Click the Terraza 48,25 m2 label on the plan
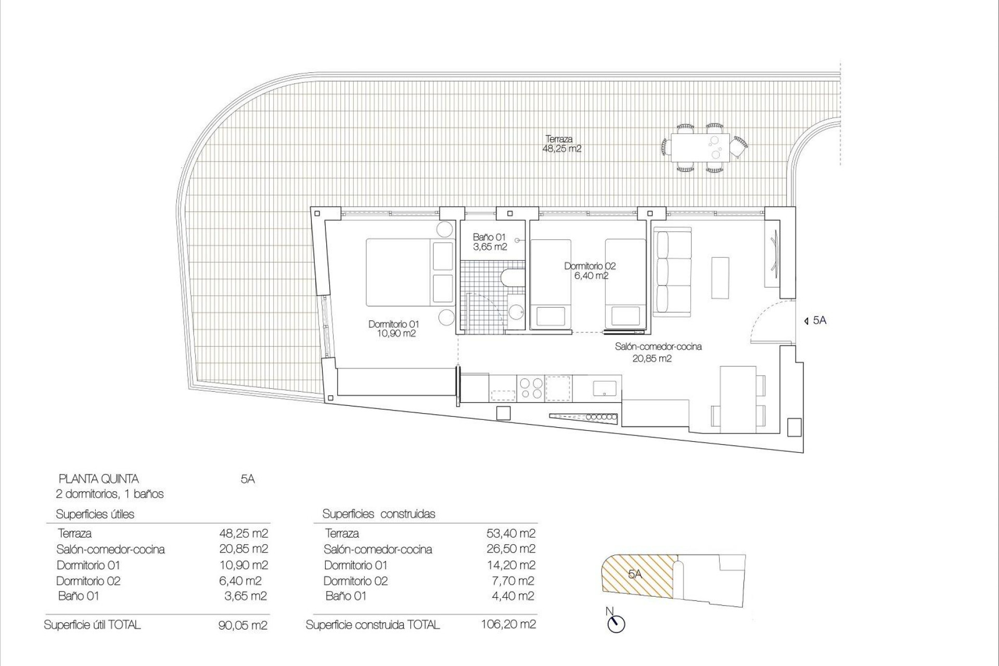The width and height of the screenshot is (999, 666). [561, 144]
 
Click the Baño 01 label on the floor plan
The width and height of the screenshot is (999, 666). [489, 242]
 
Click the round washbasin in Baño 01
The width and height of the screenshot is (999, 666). [516, 312]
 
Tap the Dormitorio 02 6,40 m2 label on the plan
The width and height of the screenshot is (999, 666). [590, 271]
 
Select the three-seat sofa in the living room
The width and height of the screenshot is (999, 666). [672, 274]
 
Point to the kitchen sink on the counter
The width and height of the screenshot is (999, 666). [604, 388]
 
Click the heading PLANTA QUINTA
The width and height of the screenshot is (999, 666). [99, 479]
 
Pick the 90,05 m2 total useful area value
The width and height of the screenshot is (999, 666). [243, 625]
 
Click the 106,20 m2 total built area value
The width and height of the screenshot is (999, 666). [508, 624]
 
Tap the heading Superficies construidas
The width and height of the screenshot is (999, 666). [379, 514]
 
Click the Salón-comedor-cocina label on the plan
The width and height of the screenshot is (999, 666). [658, 347]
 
